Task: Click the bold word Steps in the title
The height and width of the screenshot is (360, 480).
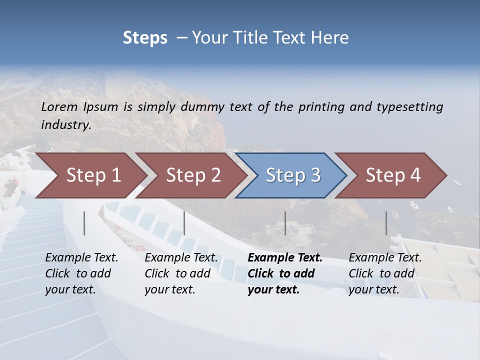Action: click(x=145, y=38)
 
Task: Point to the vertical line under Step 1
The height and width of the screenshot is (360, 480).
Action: click(x=84, y=223)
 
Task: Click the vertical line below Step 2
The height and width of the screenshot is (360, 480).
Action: click(x=184, y=223)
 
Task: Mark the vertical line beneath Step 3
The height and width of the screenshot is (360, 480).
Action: click(x=285, y=223)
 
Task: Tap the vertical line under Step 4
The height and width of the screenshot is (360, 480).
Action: click(x=386, y=223)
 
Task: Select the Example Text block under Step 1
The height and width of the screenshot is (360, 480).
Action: click(x=81, y=273)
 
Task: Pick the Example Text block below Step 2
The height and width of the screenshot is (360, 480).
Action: click(x=181, y=273)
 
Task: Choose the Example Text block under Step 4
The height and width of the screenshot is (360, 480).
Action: click(x=385, y=273)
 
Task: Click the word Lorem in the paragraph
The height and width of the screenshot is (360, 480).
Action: click(x=59, y=107)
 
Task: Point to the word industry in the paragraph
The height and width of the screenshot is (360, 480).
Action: click(x=66, y=125)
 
